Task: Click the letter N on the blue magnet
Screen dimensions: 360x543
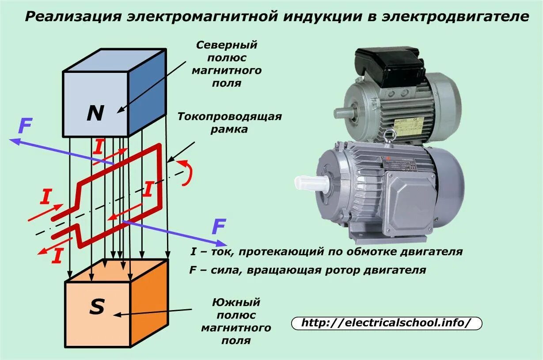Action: pos(95,113)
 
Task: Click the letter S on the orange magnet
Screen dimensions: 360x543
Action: pos(97,307)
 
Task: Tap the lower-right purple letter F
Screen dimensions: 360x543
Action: pos(219,227)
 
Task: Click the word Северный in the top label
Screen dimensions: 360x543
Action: pos(227,45)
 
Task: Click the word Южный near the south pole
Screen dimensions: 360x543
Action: pos(236,303)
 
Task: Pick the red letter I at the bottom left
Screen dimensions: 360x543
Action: pos(56,256)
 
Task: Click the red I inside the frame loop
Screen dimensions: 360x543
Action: pos(148,189)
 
